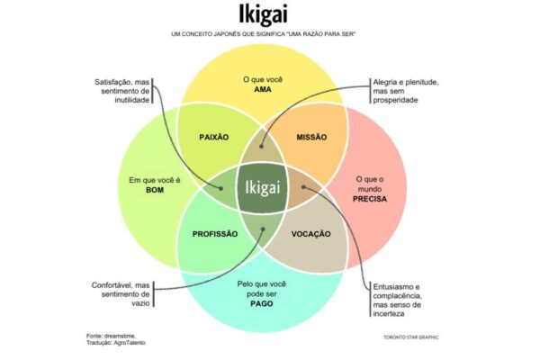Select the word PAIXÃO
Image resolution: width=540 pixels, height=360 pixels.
[212, 137]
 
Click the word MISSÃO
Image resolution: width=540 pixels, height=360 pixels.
[310, 137]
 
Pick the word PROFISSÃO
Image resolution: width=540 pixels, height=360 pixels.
[215, 234]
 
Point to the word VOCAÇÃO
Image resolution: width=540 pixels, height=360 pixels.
[311, 234]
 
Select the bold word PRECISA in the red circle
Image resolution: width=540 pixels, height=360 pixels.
[371, 200]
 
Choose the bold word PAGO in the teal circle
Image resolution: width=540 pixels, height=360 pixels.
[263, 303]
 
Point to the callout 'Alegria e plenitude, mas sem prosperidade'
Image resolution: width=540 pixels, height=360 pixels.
[407, 89]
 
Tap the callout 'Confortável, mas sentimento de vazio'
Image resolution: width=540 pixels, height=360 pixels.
[120, 294]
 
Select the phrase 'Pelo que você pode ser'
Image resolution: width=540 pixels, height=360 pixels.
[263, 287]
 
